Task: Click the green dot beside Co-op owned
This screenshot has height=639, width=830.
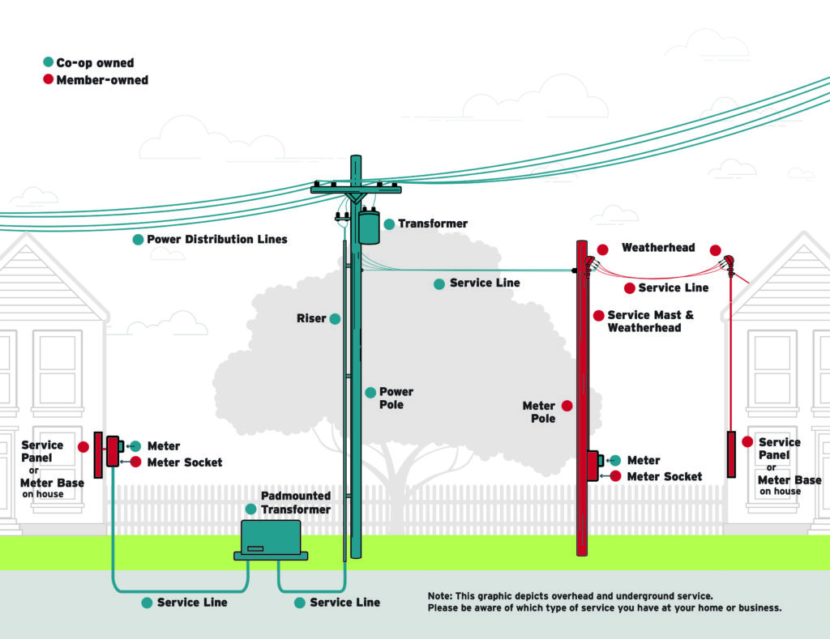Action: click(48, 62)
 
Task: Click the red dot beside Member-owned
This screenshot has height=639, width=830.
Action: click(48, 79)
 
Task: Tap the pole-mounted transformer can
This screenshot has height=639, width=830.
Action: click(369, 227)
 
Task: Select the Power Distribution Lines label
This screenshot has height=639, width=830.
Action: click(217, 239)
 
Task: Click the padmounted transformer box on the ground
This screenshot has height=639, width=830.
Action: click(271, 539)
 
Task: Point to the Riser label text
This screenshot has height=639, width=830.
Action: click(311, 318)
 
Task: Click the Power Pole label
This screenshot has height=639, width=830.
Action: click(396, 398)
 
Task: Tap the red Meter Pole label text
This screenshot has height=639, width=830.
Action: click(539, 412)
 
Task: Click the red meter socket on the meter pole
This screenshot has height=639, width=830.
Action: click(593, 465)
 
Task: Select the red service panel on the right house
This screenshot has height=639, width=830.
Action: click(731, 454)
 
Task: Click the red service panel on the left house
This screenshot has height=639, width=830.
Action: click(98, 455)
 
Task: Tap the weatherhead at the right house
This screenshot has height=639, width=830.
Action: click(729, 264)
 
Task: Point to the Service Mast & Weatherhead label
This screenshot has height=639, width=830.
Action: click(651, 321)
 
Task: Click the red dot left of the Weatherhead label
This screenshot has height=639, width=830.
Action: click(602, 249)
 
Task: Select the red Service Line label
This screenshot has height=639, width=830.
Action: click(674, 288)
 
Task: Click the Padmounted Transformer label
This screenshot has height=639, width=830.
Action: click(295, 502)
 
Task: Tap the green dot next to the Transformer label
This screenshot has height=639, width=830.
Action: click(389, 224)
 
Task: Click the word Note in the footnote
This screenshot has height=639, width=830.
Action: click(439, 596)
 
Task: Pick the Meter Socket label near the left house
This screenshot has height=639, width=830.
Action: click(185, 462)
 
